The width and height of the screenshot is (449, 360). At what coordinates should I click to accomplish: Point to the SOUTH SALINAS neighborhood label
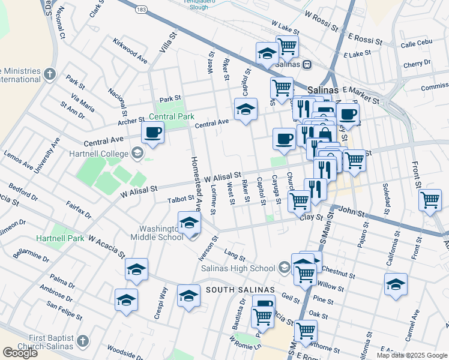click(240, 290)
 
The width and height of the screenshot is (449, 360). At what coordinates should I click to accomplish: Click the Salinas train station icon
click(306, 64)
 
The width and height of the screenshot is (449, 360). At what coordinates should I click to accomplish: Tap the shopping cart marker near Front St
click(430, 200)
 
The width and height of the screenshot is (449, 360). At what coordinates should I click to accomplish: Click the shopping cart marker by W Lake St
click(287, 45)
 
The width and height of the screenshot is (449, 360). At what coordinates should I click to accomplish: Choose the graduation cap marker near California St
click(396, 284)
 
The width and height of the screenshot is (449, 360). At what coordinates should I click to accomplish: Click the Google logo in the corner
click(20, 352)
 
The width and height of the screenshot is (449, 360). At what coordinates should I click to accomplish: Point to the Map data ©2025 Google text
click(412, 355)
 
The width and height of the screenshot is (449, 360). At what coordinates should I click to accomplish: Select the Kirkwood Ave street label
click(130, 51)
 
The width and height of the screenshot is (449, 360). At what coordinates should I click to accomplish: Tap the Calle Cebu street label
click(416, 44)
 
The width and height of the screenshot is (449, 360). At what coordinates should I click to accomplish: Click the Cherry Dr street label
click(417, 63)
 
